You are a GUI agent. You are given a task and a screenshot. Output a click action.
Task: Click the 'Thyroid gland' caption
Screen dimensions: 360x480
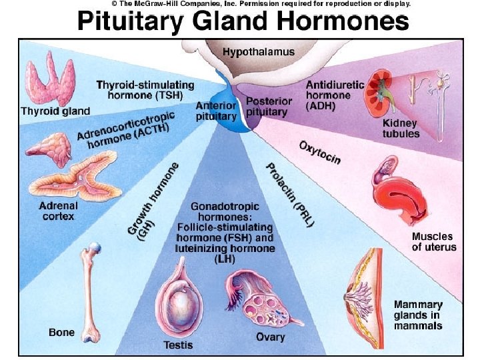(55, 111)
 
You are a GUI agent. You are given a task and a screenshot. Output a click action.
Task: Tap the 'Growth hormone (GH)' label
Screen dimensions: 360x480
(153, 200)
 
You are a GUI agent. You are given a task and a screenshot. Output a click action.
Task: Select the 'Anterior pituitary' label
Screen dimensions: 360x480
(216, 111)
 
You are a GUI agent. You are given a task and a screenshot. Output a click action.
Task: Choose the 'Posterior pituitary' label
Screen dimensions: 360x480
(269, 107)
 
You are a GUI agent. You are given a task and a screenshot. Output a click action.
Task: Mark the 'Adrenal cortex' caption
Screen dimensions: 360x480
(59, 211)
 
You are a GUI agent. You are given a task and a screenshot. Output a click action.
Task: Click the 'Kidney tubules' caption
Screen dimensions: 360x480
(401, 129)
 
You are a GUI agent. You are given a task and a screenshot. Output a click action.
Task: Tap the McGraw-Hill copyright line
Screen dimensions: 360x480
(260, 4)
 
